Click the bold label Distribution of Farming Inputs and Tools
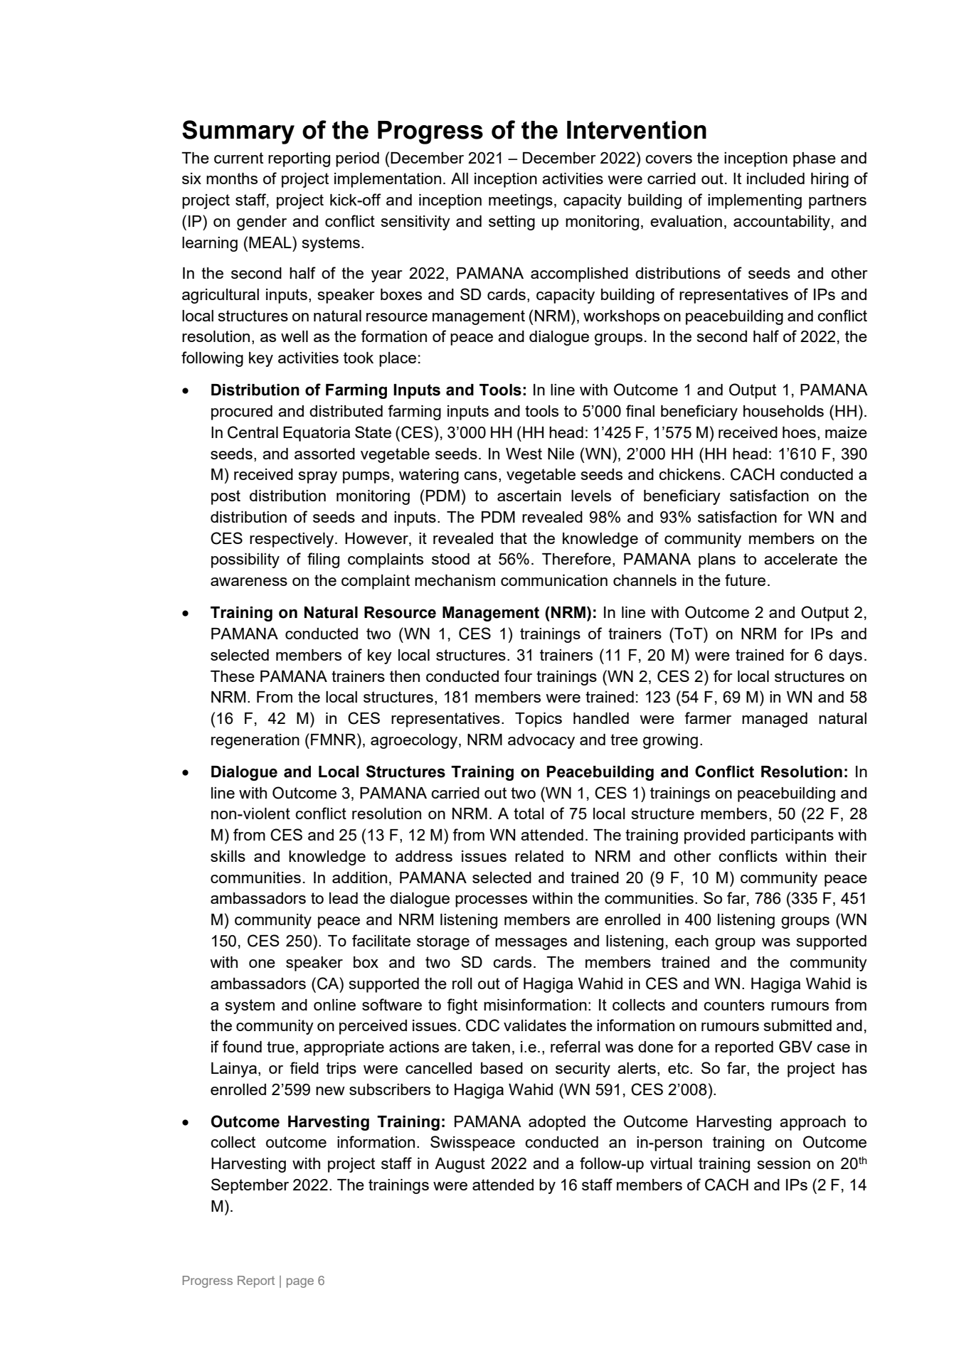tap(368, 390)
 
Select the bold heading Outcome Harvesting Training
tap(328, 1122)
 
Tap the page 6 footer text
tap(305, 1281)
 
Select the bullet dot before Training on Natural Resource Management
tap(186, 613)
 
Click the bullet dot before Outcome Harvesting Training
tap(186, 1122)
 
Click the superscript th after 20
tap(861, 1161)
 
